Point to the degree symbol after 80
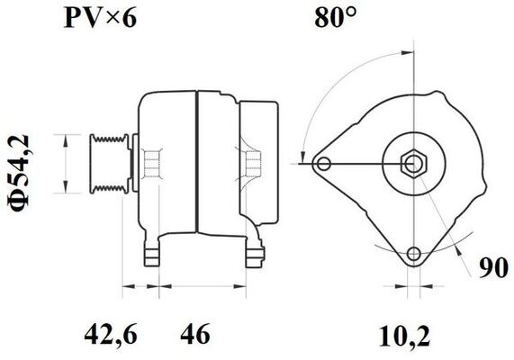(355, 11)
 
